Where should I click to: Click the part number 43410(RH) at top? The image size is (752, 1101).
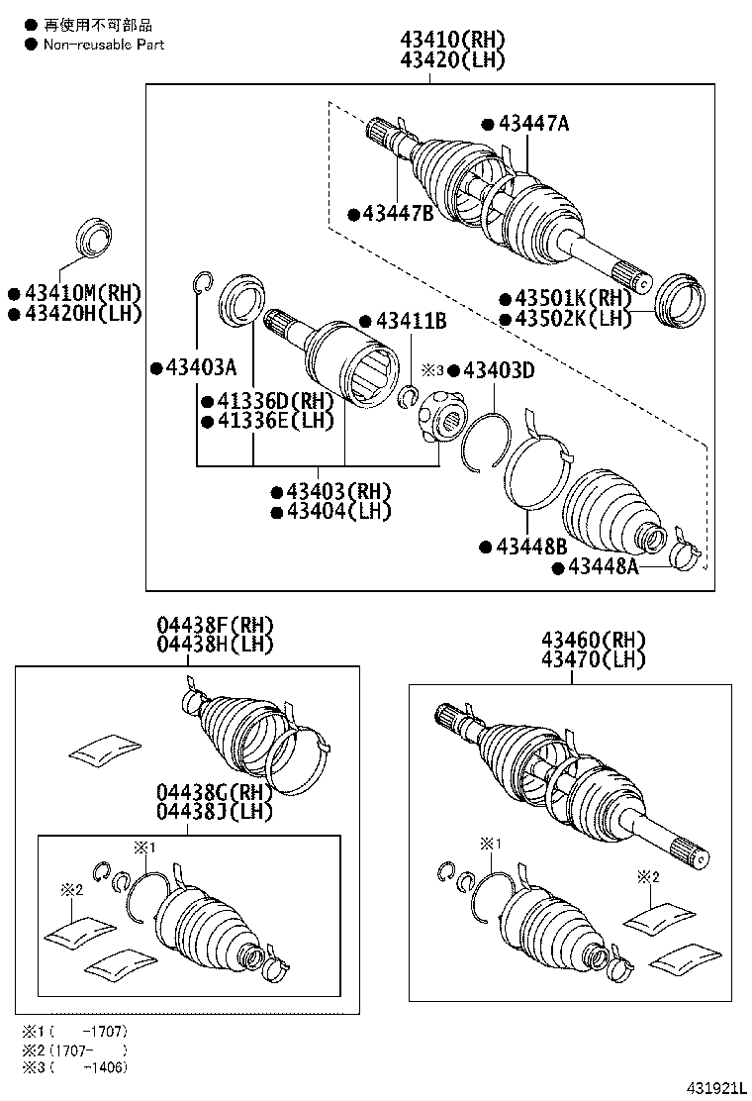click(x=452, y=41)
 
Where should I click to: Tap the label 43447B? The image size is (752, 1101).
click(x=397, y=213)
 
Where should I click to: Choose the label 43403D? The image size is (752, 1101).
click(x=498, y=370)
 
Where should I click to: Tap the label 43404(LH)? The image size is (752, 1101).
click(x=337, y=511)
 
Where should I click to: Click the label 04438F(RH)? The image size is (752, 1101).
click(x=214, y=626)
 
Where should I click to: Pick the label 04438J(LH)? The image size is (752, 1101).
click(x=214, y=812)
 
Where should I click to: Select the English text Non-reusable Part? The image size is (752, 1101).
click(x=103, y=45)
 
